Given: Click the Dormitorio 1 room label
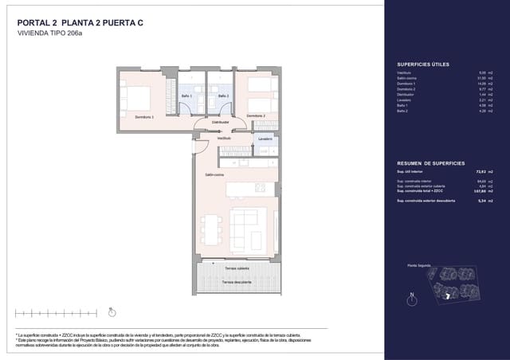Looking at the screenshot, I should click(x=144, y=116).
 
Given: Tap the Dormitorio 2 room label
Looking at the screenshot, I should click(x=256, y=116).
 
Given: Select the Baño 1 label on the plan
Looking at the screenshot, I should click(x=186, y=96).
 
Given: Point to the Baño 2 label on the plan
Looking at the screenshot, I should click(x=222, y=96).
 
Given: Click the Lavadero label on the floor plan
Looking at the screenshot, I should click(x=264, y=138).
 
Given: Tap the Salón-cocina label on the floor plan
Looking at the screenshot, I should click(x=214, y=174).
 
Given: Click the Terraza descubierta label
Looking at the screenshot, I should click(x=238, y=282).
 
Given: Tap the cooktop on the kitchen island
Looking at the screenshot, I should click(x=259, y=188).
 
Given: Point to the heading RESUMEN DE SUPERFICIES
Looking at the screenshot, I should click(x=431, y=162).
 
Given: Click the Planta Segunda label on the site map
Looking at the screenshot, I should click(x=419, y=264).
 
